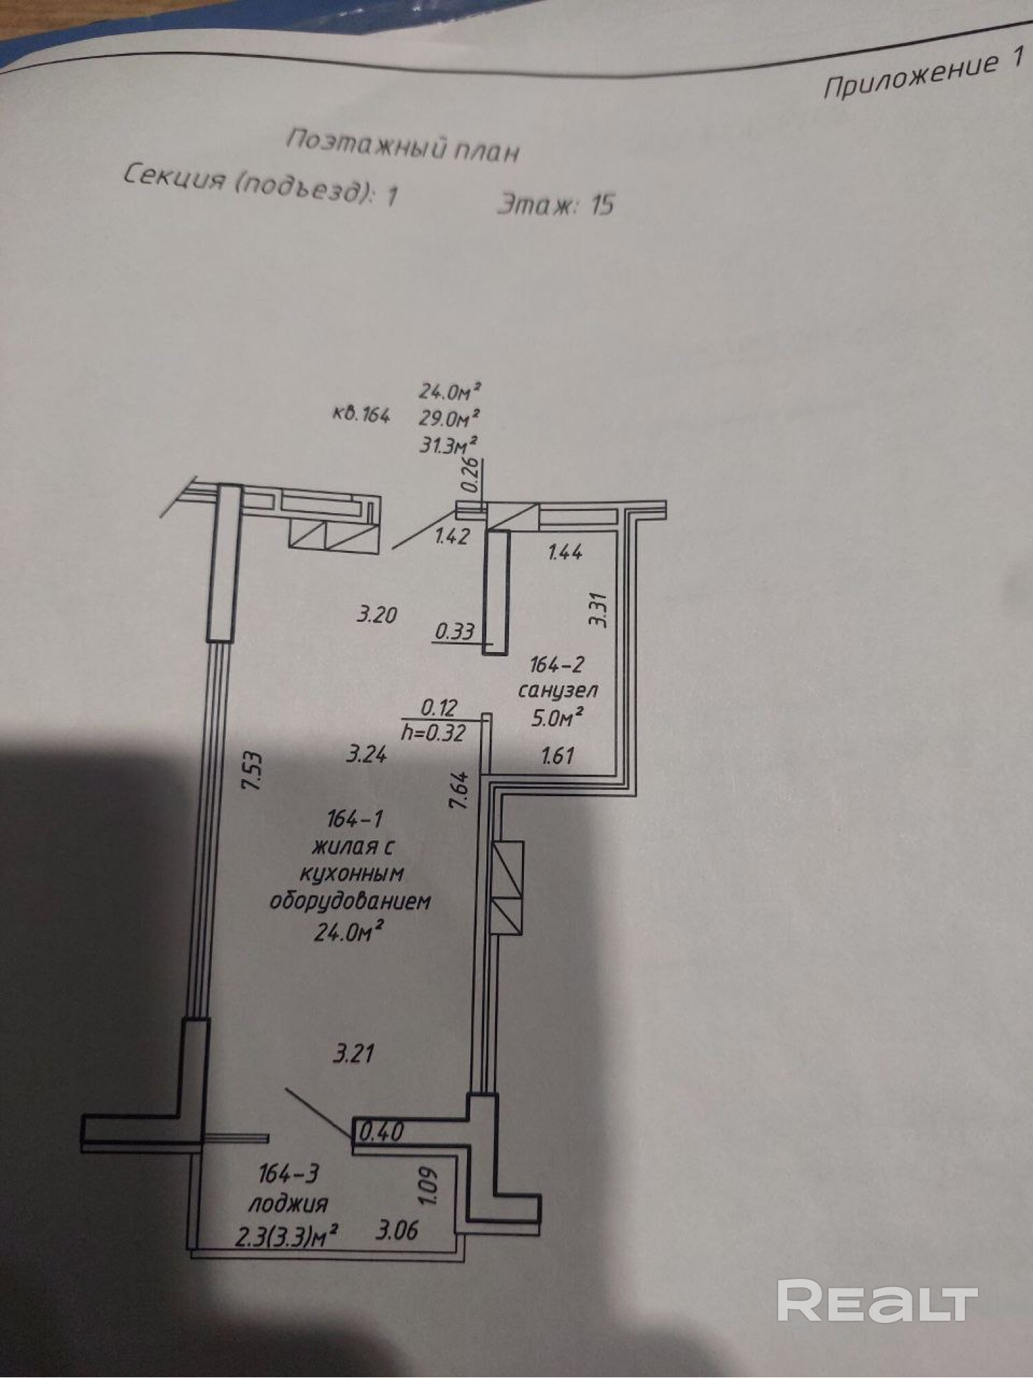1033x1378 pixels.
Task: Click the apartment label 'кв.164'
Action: (361, 415)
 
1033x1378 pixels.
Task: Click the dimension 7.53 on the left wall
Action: (253, 772)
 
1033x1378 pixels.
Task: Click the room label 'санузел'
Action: (558, 690)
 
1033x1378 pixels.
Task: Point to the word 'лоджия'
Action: (288, 1204)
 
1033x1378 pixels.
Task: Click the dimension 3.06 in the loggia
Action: (397, 1230)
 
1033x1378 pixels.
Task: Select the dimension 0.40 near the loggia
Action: (382, 1131)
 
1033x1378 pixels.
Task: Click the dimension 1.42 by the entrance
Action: (452, 536)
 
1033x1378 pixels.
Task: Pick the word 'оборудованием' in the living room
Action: (350, 901)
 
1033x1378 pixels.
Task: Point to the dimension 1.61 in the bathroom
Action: (557, 756)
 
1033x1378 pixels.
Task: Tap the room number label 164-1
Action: (355, 820)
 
